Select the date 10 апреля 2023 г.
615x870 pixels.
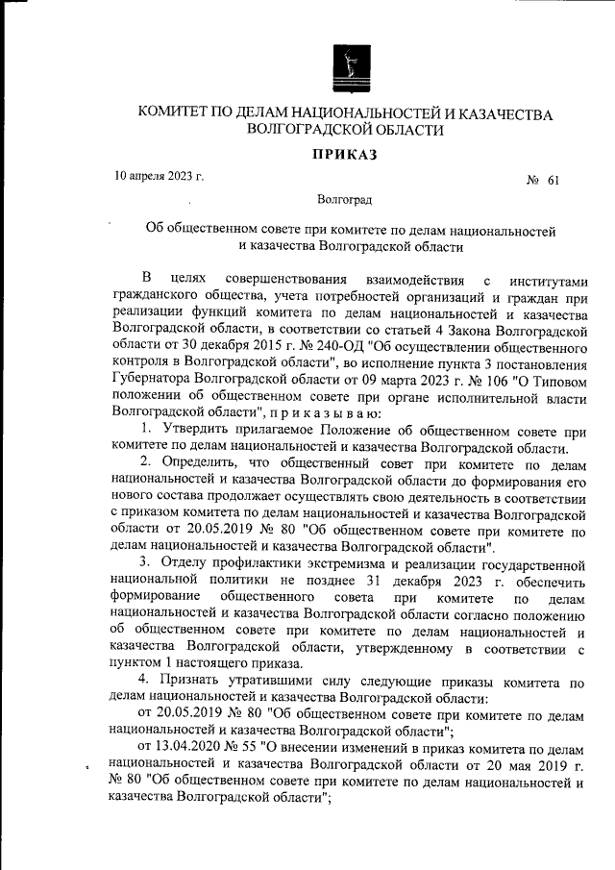[x=159, y=177]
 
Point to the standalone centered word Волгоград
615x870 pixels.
[x=344, y=201]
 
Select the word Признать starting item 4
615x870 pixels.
[x=193, y=682]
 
